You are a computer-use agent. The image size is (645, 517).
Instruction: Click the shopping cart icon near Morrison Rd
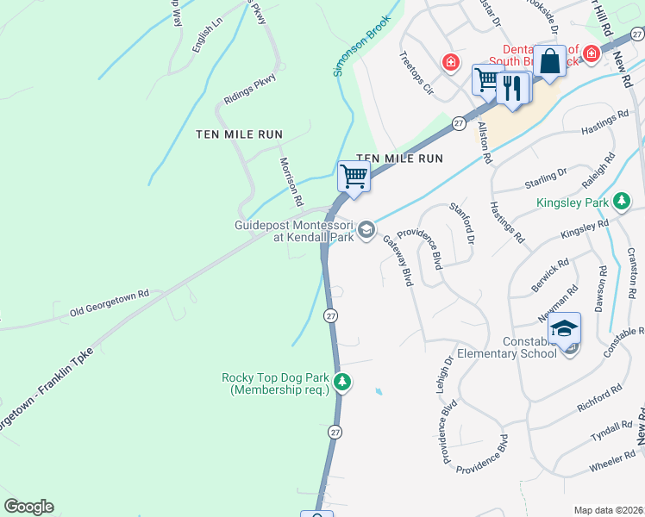coord(354,176)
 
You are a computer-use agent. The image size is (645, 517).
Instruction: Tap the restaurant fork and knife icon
coord(512,88)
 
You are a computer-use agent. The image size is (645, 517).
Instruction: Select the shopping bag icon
coord(548,62)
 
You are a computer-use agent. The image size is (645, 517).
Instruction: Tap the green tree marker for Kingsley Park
coord(621,202)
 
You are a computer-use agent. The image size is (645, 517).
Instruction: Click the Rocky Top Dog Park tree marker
coord(342,382)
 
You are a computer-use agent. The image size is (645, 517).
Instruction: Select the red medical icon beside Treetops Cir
coord(449,61)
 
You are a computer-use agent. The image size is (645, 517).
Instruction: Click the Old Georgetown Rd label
coord(110,301)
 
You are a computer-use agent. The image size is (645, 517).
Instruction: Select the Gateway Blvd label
coord(398,260)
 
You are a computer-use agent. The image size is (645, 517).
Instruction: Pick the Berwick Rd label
coord(550,273)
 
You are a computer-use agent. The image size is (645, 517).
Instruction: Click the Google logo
coord(28,507)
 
